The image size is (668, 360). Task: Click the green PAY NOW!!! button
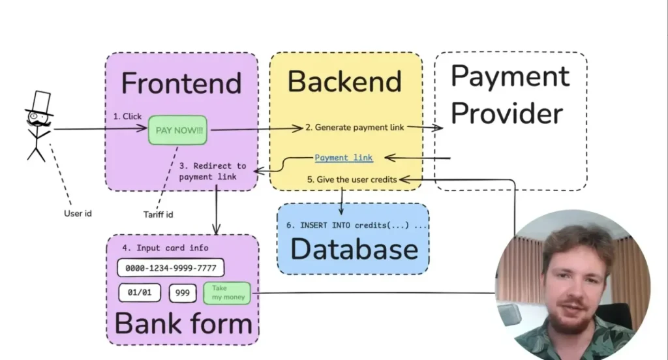point(179,130)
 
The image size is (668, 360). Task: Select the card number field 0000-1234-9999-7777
point(171,268)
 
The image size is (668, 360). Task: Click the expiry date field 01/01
point(139,293)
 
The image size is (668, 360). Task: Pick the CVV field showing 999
point(183,293)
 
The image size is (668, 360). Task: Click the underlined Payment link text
point(344,157)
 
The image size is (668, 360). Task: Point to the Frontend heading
point(181,83)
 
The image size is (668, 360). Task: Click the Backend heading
point(344,82)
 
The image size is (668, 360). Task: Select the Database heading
point(354,250)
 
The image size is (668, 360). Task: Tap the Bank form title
point(183,323)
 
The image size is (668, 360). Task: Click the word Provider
point(507,113)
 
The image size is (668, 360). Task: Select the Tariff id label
point(158,214)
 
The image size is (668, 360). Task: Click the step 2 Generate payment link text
point(361,128)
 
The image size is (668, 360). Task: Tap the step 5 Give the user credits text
point(361,179)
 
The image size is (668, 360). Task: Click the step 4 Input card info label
point(165,248)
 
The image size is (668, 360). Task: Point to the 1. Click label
point(127,117)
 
